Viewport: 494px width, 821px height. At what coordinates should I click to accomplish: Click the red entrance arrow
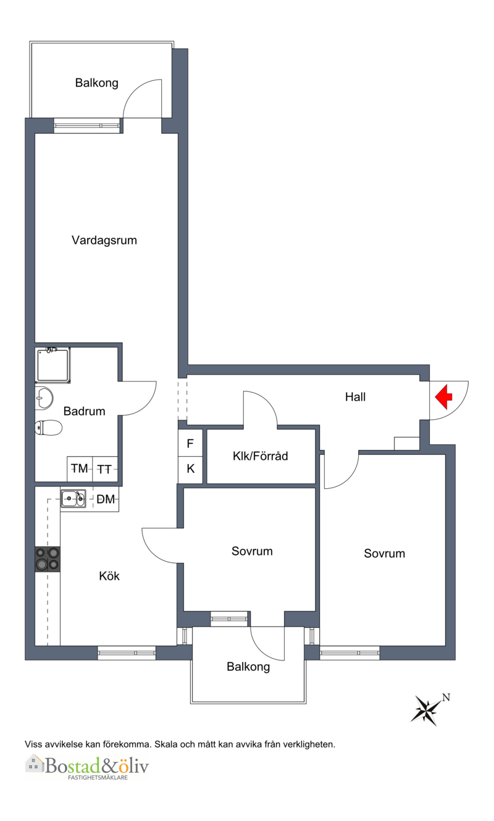pyautogui.click(x=444, y=396)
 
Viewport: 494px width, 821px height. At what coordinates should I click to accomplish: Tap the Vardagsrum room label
pyautogui.click(x=104, y=241)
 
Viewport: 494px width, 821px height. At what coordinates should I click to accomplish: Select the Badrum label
pyautogui.click(x=85, y=411)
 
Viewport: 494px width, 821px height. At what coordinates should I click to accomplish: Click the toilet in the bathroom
pyautogui.click(x=48, y=427)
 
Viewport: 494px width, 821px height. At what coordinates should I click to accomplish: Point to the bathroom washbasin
pyautogui.click(x=44, y=398)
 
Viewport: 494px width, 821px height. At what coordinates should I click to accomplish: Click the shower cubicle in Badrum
pyautogui.click(x=53, y=365)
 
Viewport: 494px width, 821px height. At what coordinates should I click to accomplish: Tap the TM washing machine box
pyautogui.click(x=80, y=469)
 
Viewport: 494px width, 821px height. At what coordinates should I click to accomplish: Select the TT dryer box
pyautogui.click(x=105, y=469)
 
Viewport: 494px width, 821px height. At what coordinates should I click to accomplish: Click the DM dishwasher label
pyautogui.click(x=106, y=499)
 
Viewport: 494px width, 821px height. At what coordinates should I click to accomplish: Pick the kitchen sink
pyautogui.click(x=73, y=498)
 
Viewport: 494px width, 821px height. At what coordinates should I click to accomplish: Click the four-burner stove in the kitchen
pyautogui.click(x=48, y=559)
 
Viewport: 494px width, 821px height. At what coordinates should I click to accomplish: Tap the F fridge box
pyautogui.click(x=190, y=443)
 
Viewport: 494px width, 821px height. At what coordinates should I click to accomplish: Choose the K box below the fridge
pyautogui.click(x=190, y=469)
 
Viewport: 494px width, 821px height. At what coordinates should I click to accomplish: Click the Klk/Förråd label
pyautogui.click(x=261, y=456)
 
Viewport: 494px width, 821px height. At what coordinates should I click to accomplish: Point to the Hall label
pyautogui.click(x=355, y=397)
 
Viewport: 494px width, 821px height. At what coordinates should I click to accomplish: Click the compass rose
pyautogui.click(x=426, y=711)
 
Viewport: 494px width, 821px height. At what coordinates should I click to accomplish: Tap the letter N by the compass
pyautogui.click(x=446, y=698)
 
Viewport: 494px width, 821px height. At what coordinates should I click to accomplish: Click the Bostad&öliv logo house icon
pyautogui.click(x=35, y=763)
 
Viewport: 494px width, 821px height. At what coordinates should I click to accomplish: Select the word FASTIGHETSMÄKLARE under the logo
pyautogui.click(x=98, y=778)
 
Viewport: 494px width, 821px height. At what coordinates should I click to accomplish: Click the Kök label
pyautogui.click(x=109, y=576)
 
